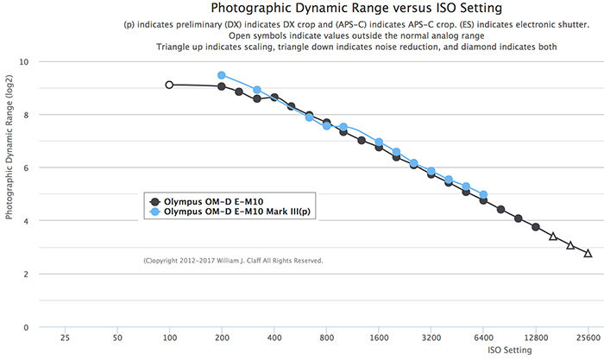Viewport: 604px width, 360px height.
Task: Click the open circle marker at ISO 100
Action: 169,85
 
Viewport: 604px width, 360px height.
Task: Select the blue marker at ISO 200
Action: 222,76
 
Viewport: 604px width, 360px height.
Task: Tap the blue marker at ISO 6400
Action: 483,195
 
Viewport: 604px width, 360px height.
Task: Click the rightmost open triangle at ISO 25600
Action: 588,253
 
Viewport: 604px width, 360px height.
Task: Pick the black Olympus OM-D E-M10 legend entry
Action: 204,201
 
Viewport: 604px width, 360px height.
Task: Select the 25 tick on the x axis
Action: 66,338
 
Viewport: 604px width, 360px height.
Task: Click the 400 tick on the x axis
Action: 274,338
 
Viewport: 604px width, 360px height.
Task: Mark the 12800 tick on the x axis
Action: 536,338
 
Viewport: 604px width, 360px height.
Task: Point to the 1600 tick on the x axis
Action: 379,338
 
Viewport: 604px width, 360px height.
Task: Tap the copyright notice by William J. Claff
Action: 233,260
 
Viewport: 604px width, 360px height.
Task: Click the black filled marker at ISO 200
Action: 222,86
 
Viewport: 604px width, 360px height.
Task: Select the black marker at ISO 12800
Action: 536,227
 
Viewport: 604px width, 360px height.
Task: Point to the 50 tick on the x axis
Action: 117,338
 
